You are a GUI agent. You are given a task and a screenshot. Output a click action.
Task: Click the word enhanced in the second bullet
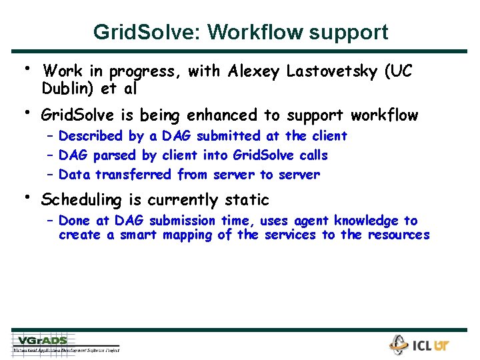click(218, 116)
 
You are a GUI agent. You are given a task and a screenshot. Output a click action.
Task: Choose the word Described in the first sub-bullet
click(91, 136)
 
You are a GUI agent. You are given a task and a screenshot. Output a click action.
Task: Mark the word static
click(246, 199)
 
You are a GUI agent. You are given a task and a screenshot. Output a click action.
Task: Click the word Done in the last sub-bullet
click(74, 221)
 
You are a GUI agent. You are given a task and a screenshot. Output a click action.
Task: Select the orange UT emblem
click(441, 346)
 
